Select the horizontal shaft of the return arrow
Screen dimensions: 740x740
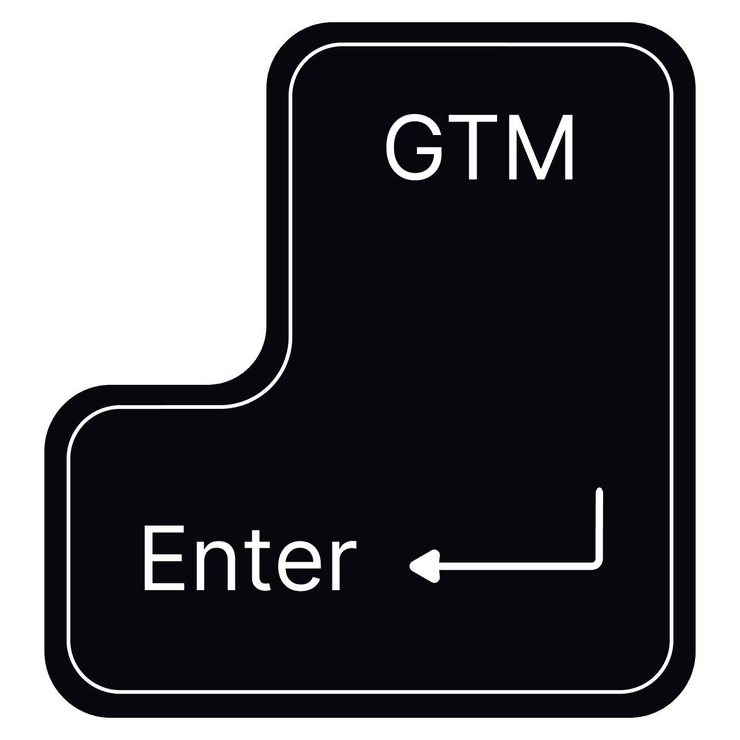[x=512, y=562]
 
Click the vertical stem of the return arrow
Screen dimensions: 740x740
[x=598, y=524]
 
